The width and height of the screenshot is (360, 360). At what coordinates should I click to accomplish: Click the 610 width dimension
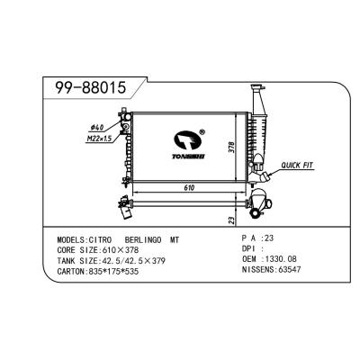[x=189, y=189]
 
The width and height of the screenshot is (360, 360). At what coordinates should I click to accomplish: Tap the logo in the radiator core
[x=189, y=142]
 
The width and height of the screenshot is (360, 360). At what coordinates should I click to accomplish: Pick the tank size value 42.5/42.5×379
[x=130, y=261]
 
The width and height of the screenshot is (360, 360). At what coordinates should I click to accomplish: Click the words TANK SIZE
[x=76, y=261]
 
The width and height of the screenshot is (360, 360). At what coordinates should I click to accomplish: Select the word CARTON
[x=71, y=271]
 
